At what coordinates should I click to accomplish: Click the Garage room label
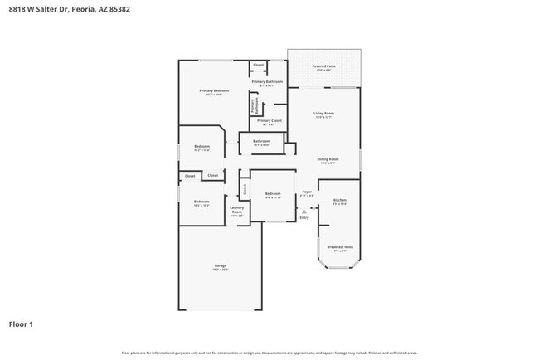pyautogui.click(x=220, y=266)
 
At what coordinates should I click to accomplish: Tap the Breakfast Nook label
pyautogui.click(x=340, y=247)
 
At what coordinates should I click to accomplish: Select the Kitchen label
pyautogui.click(x=340, y=201)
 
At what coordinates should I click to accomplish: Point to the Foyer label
pyautogui.click(x=307, y=192)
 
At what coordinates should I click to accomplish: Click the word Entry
pyautogui.click(x=304, y=217)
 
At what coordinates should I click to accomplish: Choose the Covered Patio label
pyautogui.click(x=323, y=66)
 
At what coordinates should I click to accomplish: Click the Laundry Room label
pyautogui.click(x=236, y=212)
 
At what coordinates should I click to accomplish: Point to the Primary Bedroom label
pyautogui.click(x=214, y=90)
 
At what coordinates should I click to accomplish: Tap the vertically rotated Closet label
pyautogui.click(x=245, y=188)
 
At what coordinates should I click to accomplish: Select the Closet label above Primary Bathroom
pyautogui.click(x=259, y=65)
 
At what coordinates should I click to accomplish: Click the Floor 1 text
pyautogui.click(x=21, y=324)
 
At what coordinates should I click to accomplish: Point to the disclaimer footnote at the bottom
pyautogui.click(x=269, y=353)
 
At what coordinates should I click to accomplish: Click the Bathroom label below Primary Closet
pyautogui.click(x=262, y=142)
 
